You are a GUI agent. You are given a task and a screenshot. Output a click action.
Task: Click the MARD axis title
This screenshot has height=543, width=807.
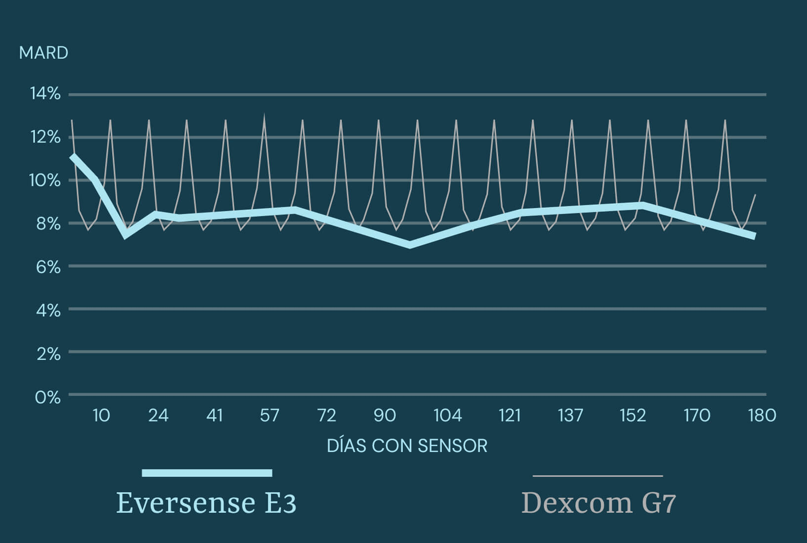(43, 53)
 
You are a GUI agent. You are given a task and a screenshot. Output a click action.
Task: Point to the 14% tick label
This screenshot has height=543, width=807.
(45, 93)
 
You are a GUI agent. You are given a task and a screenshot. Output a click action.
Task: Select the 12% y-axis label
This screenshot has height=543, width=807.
(45, 137)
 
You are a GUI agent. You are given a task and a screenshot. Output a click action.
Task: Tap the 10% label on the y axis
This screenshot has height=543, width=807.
(45, 180)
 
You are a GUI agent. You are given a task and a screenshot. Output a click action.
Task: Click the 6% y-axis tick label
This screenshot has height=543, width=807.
(48, 267)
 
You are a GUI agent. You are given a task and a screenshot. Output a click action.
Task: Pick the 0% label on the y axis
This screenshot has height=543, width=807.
(48, 397)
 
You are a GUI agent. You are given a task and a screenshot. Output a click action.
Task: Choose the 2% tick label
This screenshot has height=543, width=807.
(48, 354)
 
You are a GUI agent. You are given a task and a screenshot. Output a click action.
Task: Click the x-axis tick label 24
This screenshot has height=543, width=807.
(158, 415)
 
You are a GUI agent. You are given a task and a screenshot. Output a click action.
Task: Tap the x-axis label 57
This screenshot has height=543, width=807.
(270, 415)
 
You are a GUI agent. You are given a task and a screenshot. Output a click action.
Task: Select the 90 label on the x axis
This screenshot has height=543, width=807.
(384, 415)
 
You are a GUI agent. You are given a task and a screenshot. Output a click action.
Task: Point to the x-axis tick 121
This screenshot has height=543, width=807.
(510, 415)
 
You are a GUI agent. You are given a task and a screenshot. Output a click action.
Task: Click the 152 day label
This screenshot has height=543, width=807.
(633, 415)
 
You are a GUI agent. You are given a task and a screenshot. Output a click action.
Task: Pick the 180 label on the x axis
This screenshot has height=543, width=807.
(762, 415)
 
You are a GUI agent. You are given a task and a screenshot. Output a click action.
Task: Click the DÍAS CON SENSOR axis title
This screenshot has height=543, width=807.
(407, 446)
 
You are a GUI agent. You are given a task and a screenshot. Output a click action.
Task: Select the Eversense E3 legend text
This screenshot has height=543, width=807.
(206, 503)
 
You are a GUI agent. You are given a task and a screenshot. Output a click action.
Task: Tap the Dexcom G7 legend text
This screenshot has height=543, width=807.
(598, 503)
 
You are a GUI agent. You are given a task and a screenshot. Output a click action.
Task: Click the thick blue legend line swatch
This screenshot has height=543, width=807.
(207, 473)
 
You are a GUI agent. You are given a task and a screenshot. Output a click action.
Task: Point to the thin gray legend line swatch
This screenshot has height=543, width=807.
(597, 476)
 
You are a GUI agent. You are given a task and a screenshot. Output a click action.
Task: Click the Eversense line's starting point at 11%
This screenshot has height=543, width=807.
(73, 157)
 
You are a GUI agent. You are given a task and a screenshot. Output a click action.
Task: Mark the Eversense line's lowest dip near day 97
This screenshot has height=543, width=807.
(410, 245)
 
